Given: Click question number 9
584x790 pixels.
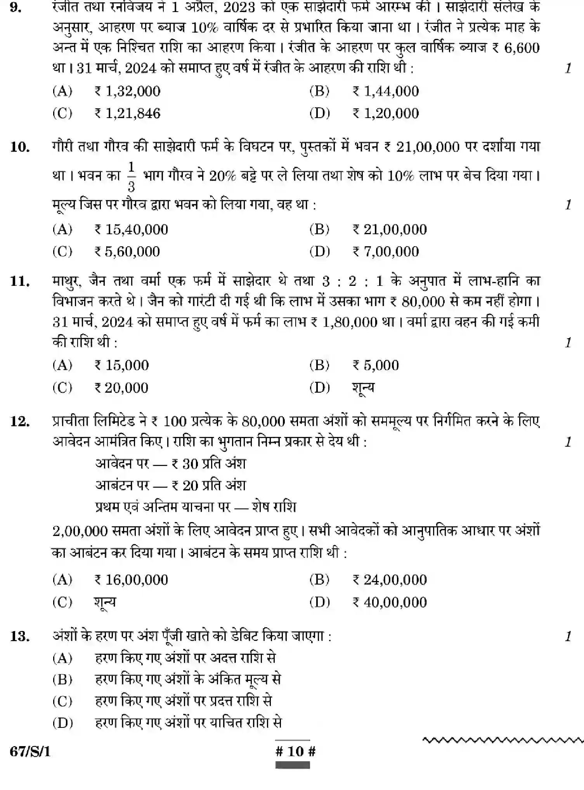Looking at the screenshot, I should click(x=16, y=8).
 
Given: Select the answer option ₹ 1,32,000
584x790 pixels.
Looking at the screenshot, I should click(x=127, y=91).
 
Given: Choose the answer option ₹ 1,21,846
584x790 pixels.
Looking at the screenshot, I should click(x=127, y=113).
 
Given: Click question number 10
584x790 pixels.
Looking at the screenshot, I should click(x=20, y=147).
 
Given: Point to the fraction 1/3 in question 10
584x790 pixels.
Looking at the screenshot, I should click(x=131, y=177).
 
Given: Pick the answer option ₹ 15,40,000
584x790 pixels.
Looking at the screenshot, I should click(x=131, y=230).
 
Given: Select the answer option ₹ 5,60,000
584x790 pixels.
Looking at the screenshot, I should click(x=127, y=252).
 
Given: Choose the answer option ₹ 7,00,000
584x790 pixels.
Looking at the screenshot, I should click(x=386, y=252).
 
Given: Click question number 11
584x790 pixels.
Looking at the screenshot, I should click(x=20, y=281).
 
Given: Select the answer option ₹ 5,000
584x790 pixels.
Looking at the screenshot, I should click(x=376, y=365).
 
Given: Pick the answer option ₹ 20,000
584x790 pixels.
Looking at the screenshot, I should click(x=121, y=388).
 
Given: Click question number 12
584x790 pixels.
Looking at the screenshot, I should click(x=20, y=421).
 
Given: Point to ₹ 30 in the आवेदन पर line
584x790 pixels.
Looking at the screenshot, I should click(x=185, y=464).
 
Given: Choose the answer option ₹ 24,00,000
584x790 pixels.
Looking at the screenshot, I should click(x=390, y=580).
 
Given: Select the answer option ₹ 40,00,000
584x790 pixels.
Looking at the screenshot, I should click(x=390, y=602).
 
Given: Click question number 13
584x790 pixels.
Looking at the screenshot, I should click(x=20, y=637).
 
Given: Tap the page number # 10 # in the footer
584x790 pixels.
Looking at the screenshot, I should click(x=295, y=751).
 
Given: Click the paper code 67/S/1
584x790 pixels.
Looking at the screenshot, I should click(x=30, y=752).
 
